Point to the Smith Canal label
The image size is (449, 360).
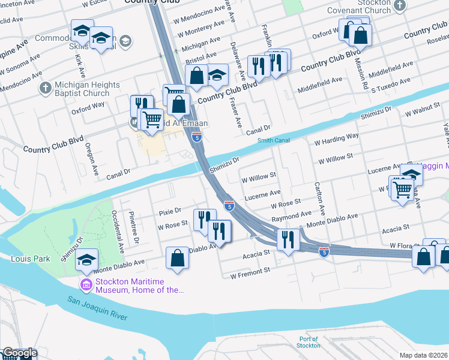tap(273, 141)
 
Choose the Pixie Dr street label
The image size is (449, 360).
tap(170, 211)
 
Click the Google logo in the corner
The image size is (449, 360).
tap(19, 353)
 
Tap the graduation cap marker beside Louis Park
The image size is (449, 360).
tap(87, 260)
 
